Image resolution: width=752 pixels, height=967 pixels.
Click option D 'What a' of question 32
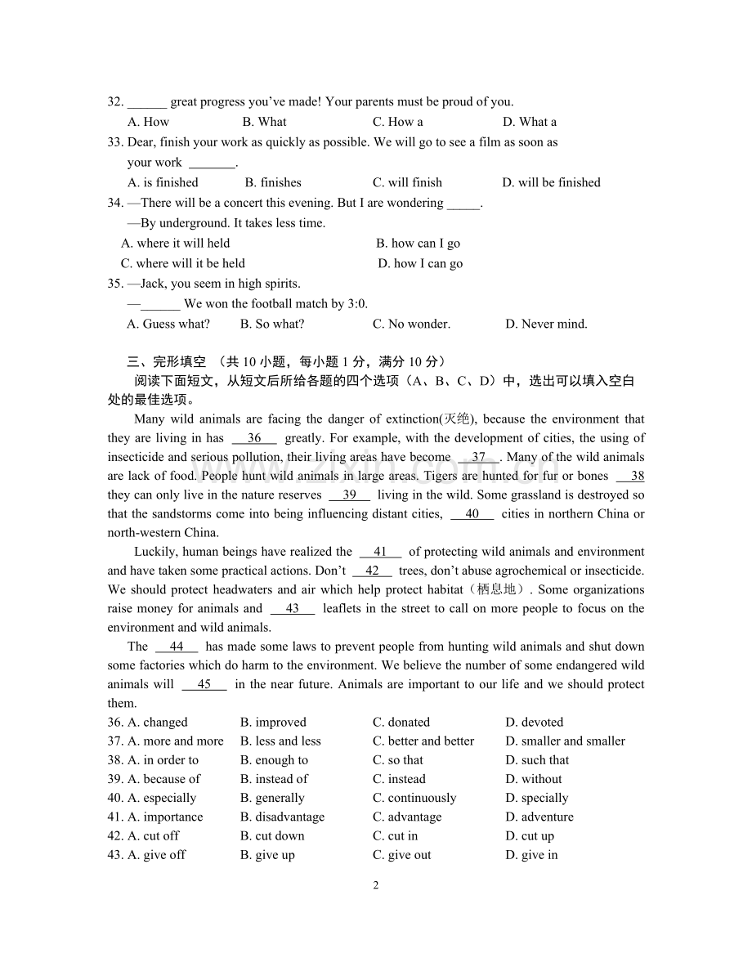tap(530, 122)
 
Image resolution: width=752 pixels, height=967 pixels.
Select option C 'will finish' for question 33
tap(407, 182)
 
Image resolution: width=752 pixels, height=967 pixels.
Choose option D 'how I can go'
tap(420, 263)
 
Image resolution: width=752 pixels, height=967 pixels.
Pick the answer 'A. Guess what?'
tap(168, 324)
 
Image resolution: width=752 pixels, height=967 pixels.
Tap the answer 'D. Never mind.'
tap(546, 324)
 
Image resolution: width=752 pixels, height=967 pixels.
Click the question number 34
tap(114, 203)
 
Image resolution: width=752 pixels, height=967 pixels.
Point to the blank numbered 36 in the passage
tap(254, 438)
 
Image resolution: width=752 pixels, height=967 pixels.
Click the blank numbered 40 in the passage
tap(472, 513)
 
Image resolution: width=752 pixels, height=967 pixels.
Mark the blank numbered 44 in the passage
tap(176, 646)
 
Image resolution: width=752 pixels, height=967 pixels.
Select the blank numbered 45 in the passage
tap(204, 684)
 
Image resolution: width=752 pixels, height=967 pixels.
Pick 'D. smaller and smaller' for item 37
tap(565, 741)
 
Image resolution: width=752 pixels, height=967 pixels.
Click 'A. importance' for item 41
tap(165, 817)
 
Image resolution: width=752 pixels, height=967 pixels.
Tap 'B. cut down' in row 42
tap(272, 835)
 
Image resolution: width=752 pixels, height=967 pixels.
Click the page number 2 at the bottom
tap(376, 885)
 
